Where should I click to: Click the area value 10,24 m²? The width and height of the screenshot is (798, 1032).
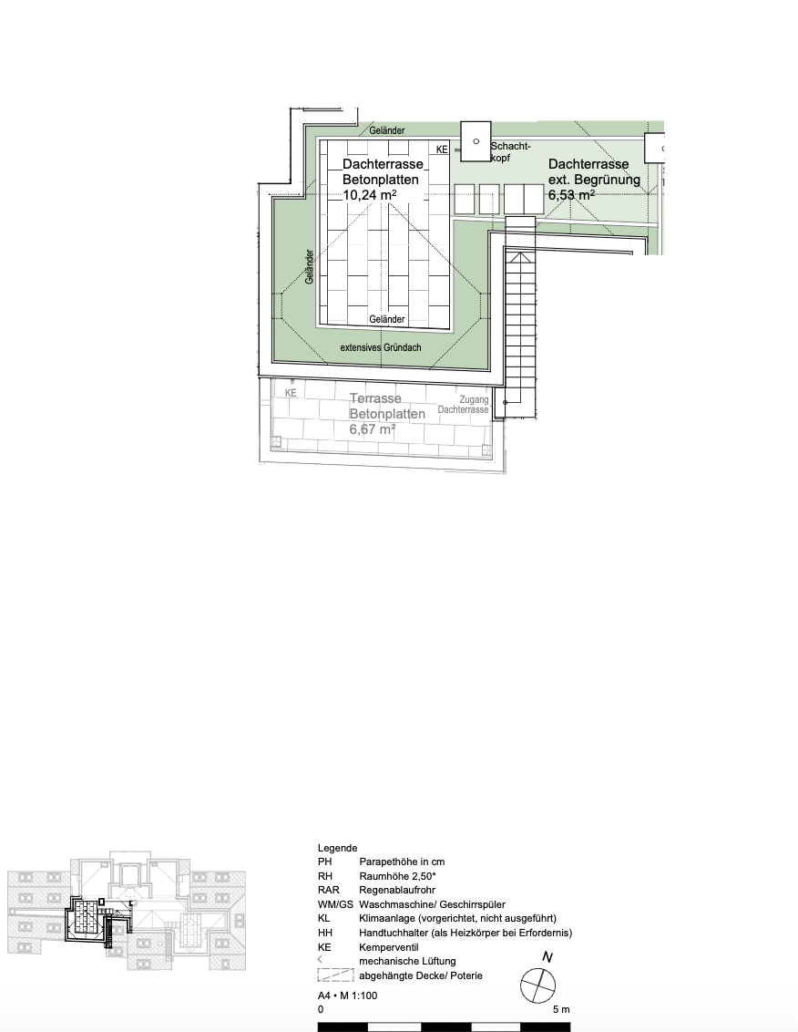(368, 195)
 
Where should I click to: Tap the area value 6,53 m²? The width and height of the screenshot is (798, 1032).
(571, 195)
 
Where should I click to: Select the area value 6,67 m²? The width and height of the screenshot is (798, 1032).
(373, 429)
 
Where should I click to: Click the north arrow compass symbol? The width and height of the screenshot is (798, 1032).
(538, 985)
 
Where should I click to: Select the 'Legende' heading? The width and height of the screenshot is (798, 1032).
(337, 848)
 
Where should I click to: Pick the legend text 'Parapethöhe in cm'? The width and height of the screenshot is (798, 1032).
(402, 862)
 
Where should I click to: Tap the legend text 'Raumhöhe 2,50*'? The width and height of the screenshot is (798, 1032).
(398, 876)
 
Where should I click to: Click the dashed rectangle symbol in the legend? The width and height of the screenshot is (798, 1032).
(335, 975)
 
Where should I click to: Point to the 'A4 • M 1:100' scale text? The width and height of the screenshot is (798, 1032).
(347, 996)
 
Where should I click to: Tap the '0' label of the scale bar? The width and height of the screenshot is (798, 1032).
(321, 1010)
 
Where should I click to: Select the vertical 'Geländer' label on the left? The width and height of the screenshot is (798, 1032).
(310, 267)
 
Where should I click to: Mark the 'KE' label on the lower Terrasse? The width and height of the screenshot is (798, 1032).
(291, 393)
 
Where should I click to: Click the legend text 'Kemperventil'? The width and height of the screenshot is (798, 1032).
(390, 947)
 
